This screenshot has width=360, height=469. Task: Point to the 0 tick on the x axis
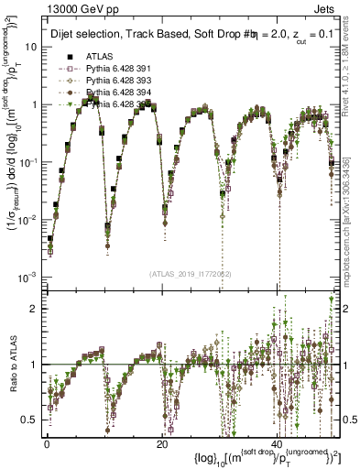click(x=47, y=442)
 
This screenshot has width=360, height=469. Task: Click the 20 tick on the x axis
click(x=162, y=442)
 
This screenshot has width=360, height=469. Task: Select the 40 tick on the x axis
click(x=278, y=442)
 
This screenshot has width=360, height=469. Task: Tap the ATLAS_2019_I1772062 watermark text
click(x=191, y=273)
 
